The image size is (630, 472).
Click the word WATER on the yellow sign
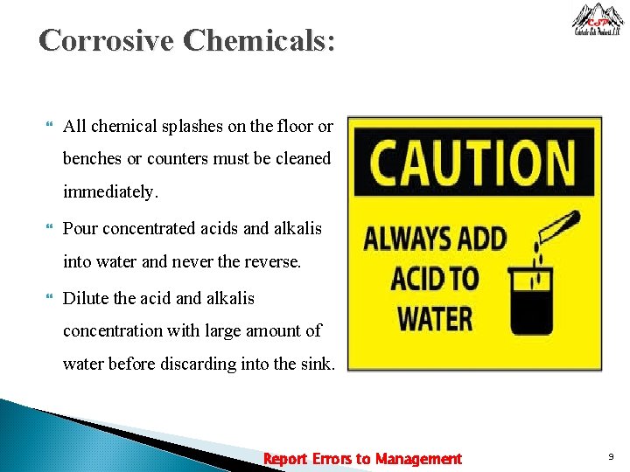click(435, 319)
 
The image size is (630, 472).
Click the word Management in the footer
click(418, 459)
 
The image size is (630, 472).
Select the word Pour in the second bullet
click(80, 229)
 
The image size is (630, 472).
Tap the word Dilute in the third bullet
click(87, 298)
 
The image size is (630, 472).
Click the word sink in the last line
click(317, 364)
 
